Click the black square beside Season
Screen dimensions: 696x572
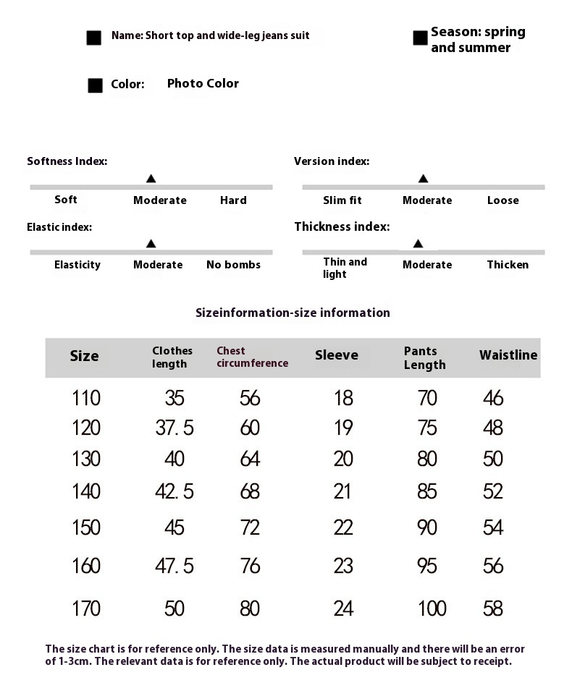point(420,38)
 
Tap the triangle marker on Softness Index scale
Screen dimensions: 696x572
point(151,178)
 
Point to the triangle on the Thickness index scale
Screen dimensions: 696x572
point(417,244)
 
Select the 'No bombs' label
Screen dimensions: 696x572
point(233,265)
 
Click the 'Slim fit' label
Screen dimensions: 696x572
point(342,200)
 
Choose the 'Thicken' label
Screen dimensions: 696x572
point(508,265)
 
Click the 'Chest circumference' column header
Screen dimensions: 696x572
point(252,357)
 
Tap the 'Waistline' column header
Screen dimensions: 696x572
point(508,355)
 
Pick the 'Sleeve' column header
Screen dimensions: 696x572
point(337,355)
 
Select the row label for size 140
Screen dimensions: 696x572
point(86,492)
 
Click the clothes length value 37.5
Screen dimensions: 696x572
point(174,428)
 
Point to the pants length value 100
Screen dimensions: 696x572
point(432,608)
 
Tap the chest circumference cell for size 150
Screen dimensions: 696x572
point(250,527)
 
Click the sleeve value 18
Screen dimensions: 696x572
point(343,398)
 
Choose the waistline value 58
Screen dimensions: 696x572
point(493,608)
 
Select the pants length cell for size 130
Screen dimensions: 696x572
point(427,459)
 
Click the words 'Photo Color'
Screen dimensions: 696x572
point(203,84)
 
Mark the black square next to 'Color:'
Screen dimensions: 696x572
point(96,85)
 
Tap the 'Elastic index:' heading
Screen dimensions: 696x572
point(59,227)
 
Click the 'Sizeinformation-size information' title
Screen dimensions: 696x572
point(293,313)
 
